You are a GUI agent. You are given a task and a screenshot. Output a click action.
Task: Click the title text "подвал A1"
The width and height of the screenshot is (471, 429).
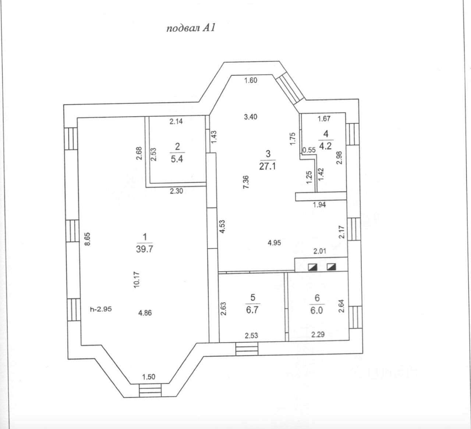190,29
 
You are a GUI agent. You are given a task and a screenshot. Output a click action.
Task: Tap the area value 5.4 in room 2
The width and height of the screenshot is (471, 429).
177,161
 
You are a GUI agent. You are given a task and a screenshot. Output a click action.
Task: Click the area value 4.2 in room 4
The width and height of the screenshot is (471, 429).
326,146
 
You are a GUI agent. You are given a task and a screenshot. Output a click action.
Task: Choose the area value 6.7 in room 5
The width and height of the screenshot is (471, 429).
252,310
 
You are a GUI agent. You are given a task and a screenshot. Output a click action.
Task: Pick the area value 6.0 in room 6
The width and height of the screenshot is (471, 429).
316,310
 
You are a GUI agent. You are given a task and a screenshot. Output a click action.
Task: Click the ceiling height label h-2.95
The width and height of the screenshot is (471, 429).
101,309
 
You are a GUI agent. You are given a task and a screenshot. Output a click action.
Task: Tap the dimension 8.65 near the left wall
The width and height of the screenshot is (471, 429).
87,241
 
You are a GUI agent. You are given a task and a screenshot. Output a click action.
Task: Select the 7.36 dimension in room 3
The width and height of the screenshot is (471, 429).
247,182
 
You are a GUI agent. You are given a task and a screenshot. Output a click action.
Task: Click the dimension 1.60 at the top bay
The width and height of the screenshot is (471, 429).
250,81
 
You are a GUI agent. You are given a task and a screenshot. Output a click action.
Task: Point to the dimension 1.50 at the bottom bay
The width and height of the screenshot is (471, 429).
149,376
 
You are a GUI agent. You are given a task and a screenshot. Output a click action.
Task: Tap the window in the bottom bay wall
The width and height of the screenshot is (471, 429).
150,390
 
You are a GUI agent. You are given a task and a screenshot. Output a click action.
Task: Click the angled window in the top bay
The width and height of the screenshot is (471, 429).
290,88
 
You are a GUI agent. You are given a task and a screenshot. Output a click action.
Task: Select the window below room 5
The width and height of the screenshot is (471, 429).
247,348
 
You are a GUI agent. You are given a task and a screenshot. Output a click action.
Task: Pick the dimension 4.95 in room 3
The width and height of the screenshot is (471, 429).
275,242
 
